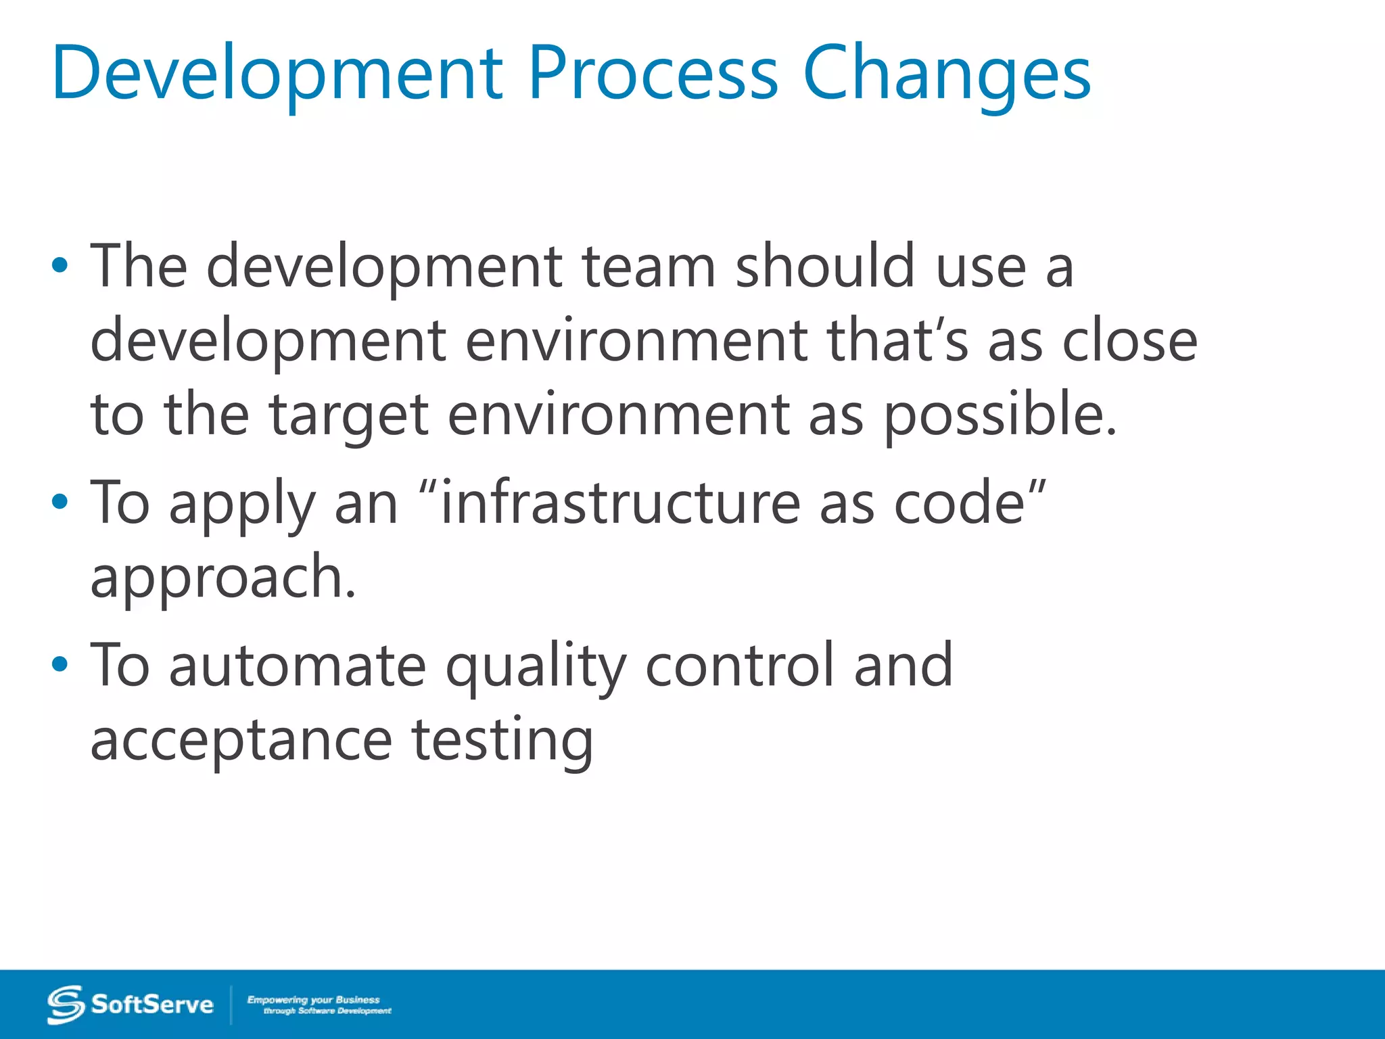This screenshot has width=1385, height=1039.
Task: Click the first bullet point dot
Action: tap(60, 266)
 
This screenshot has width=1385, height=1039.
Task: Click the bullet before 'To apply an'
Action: tap(60, 502)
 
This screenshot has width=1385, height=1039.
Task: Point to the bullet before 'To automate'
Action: tap(60, 664)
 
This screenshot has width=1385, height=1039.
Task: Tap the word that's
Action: tap(897, 340)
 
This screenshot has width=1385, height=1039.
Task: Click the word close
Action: tap(1129, 340)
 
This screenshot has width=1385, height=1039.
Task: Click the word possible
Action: tap(1000, 414)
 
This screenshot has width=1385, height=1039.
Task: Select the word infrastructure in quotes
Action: tap(619, 502)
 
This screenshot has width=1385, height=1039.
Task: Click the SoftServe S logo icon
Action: tap(66, 1005)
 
